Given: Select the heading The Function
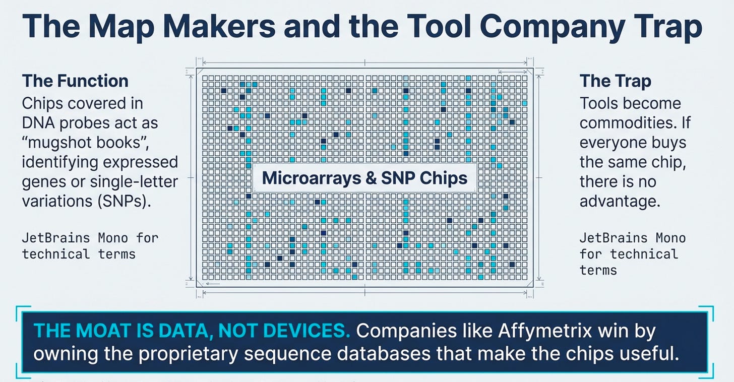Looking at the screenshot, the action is coord(75,81).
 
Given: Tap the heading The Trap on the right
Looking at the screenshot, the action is coord(615,81).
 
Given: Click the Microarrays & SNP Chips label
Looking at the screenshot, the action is coord(365,178).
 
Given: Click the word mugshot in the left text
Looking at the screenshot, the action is coord(69,142).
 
